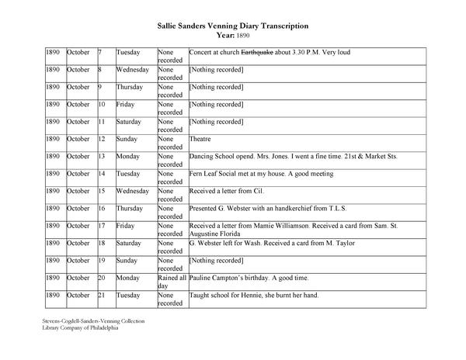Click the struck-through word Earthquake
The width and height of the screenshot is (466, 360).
click(x=257, y=52)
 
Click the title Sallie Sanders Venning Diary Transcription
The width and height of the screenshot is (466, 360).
click(x=233, y=26)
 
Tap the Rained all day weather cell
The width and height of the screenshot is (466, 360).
click(x=171, y=281)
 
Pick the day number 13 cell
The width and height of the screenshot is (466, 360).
click(x=102, y=155)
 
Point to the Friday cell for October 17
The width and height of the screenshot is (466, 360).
click(x=125, y=226)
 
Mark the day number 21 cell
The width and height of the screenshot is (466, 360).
click(x=102, y=295)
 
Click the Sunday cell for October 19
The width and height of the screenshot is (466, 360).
click(x=127, y=260)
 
